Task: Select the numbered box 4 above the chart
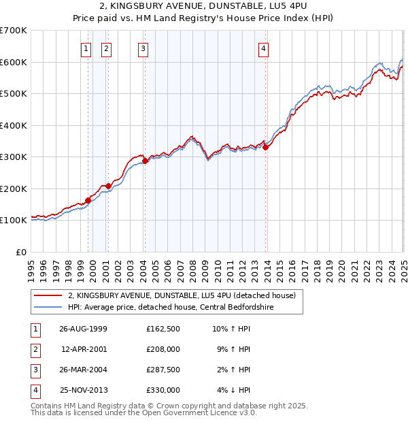(263, 48)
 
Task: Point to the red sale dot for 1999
(88, 200)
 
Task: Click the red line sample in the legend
(48, 296)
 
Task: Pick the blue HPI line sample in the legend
(48, 308)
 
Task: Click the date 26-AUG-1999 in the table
(84, 329)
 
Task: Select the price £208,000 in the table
(163, 350)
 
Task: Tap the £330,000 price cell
(163, 390)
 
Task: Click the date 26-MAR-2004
(84, 370)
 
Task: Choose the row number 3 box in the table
(33, 370)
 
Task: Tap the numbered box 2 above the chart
(107, 48)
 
